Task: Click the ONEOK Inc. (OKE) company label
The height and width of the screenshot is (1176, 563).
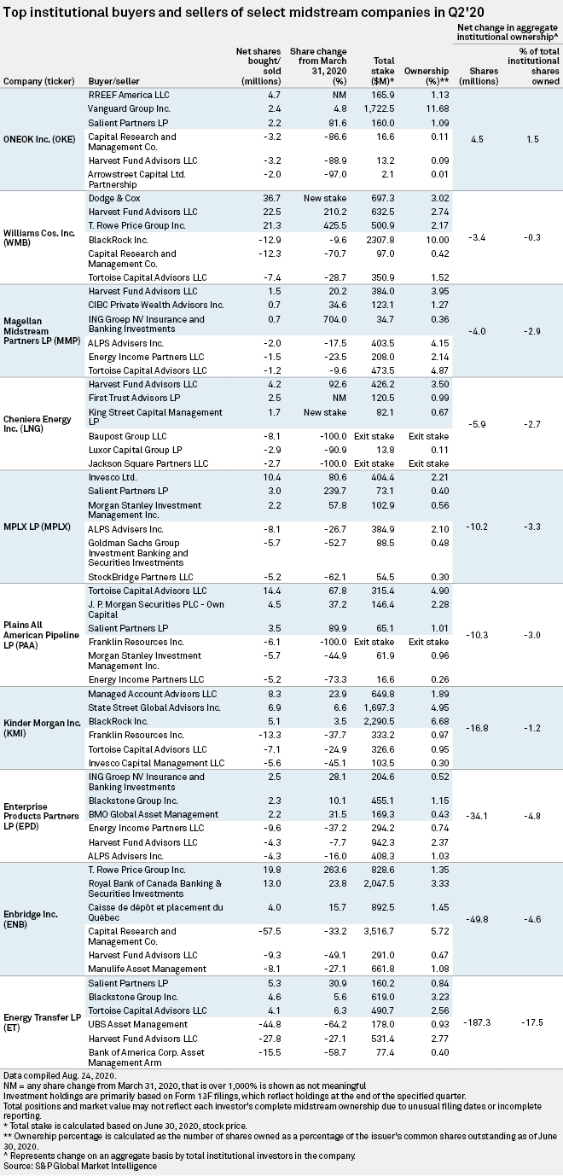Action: click(39, 140)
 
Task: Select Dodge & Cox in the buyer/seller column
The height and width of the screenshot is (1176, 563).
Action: click(114, 199)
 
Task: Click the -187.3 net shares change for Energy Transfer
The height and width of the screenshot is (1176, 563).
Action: click(478, 1022)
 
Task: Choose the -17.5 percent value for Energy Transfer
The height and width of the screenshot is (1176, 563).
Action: click(531, 1022)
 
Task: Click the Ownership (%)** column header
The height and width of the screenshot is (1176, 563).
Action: click(427, 76)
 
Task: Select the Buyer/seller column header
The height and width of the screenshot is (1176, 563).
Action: click(113, 81)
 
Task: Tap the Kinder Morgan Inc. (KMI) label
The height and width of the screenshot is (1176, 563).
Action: click(42, 728)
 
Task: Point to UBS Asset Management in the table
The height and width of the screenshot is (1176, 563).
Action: click(138, 1024)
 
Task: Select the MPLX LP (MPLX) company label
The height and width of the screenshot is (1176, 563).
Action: click(37, 527)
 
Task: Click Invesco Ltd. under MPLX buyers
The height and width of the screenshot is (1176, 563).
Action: click(113, 477)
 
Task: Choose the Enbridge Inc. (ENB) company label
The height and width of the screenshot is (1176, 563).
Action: click(31, 919)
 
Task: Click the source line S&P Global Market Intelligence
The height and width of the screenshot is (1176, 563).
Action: click(79, 1166)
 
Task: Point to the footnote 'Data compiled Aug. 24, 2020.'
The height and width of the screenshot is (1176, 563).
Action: click(60, 1075)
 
